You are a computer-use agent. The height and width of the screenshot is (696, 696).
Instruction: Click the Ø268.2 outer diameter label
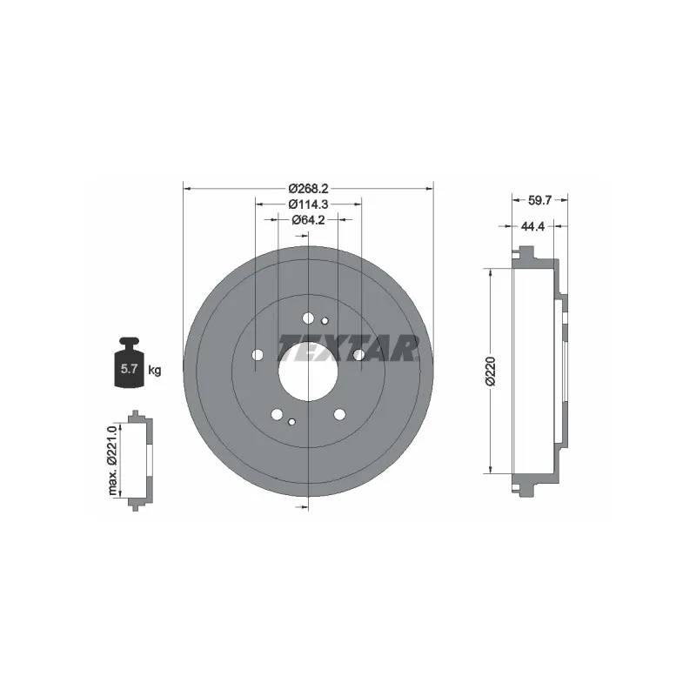[308, 189]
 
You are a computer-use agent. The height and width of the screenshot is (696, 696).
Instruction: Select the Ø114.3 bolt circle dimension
[308, 204]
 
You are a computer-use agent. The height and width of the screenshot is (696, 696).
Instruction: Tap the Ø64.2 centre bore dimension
[308, 220]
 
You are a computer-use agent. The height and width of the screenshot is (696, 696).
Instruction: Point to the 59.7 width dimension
[539, 201]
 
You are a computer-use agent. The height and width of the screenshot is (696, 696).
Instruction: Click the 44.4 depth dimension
[532, 226]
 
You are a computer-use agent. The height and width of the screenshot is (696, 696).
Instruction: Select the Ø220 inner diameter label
[491, 371]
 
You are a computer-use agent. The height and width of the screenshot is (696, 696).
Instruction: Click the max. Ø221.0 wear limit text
[112, 460]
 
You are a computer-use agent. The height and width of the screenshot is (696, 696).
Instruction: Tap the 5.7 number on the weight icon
[129, 368]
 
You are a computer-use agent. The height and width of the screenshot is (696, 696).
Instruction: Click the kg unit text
[155, 370]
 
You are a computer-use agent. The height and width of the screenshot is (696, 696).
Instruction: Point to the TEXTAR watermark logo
[349, 348]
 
